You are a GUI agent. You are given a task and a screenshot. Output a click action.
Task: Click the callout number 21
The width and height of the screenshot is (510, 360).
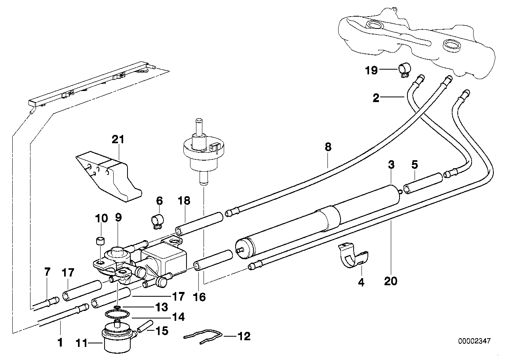coord(118,139)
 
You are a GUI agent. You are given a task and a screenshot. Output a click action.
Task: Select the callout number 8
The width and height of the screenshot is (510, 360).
coord(328,148)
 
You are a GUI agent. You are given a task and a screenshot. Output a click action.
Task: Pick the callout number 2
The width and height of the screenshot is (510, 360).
coord(376,97)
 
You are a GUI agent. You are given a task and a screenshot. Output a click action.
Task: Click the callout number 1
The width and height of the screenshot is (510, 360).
coord(60,342)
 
